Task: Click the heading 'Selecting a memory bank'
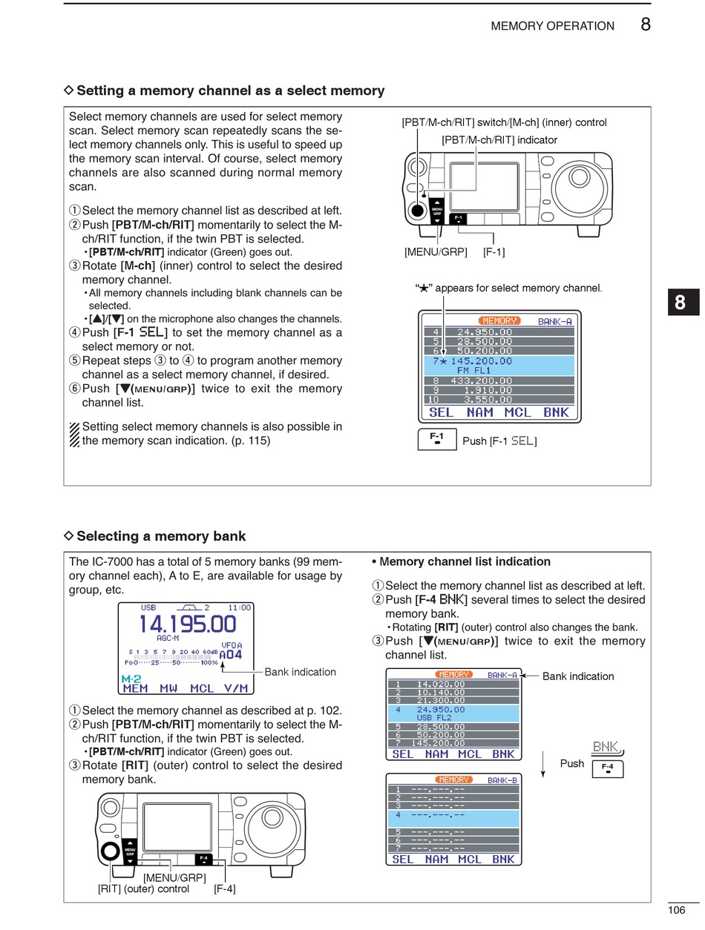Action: point(161,536)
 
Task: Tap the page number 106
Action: point(676,911)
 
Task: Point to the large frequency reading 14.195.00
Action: point(187,624)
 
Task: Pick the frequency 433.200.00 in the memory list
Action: point(482,380)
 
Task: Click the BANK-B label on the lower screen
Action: point(502,780)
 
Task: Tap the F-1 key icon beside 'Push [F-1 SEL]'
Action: point(437,440)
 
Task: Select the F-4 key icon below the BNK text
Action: point(607,768)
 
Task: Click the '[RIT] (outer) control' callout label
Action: point(143,888)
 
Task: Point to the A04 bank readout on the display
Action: point(230,655)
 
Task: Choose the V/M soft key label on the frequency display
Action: point(236,688)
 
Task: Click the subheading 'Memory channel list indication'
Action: point(465,561)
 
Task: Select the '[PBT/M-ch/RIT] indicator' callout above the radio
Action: point(499,139)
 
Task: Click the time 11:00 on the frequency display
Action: point(240,607)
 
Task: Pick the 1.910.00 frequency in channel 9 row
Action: point(484,390)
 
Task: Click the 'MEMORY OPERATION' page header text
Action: point(552,26)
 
